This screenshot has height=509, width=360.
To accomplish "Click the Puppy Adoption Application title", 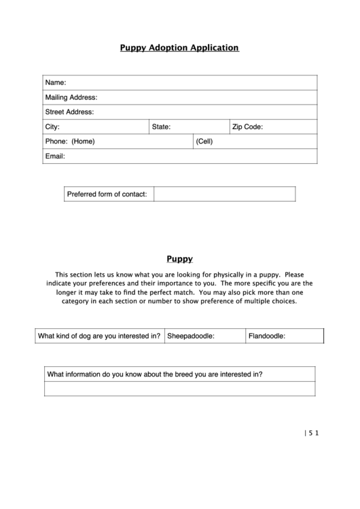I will coord(179,48).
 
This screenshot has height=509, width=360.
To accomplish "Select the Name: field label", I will coord(56,82).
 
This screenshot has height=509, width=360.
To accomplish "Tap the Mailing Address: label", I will coord(71,97).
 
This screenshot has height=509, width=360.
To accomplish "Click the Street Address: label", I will coord(69,112).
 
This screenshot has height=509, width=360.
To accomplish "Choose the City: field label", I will coord(52,127).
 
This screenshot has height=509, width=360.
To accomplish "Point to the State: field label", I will coord(161,127).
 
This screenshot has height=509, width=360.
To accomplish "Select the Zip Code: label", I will coord(247,127).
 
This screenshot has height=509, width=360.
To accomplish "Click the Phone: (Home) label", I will coord(70,142).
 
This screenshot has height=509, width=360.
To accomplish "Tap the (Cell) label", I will coord(204,142).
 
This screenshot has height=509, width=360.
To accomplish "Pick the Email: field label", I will coord(55,156).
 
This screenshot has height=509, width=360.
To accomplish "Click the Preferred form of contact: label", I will coord(107,194).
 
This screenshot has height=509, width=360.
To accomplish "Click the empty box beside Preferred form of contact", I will coord(224,194).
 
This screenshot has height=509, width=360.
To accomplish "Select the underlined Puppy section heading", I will coord(180,259).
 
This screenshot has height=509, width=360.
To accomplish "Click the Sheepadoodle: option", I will coord(186,336).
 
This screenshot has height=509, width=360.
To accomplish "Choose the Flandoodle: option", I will coord(267,336).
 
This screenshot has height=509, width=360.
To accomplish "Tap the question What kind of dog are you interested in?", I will coord(99,336).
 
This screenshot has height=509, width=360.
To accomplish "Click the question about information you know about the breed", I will coord(154,374).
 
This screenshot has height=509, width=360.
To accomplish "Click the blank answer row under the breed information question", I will coord(179,389).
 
